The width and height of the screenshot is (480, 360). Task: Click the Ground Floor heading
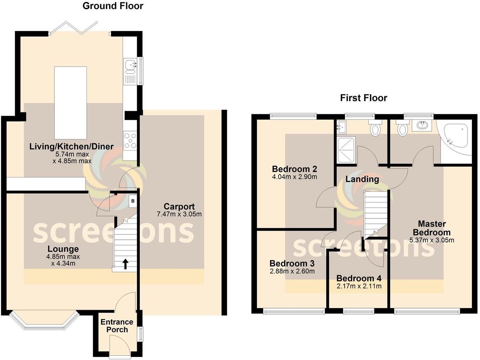pyautogui.click(x=113, y=6)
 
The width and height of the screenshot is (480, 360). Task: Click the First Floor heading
pyautogui.click(x=363, y=98)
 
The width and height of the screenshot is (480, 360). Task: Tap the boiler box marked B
pyautogui.click(x=133, y=201)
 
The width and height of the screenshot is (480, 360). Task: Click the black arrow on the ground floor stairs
pyautogui.click(x=125, y=264)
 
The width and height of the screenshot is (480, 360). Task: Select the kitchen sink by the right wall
pyautogui.click(x=131, y=65)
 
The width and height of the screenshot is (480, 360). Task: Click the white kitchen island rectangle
pyautogui.click(x=70, y=103)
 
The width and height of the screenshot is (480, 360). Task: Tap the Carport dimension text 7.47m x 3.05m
pyautogui.click(x=179, y=214)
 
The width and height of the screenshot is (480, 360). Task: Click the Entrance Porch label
pyautogui.click(x=117, y=326)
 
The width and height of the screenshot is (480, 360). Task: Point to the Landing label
pyautogui.click(x=362, y=179)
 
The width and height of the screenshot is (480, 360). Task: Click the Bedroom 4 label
pyautogui.click(x=359, y=278)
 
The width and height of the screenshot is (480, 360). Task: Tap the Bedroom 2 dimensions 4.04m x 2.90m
pyautogui.click(x=294, y=177)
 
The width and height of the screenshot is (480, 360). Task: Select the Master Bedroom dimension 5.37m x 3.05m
pyautogui.click(x=432, y=240)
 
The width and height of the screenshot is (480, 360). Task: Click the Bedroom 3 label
pyautogui.click(x=292, y=263)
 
